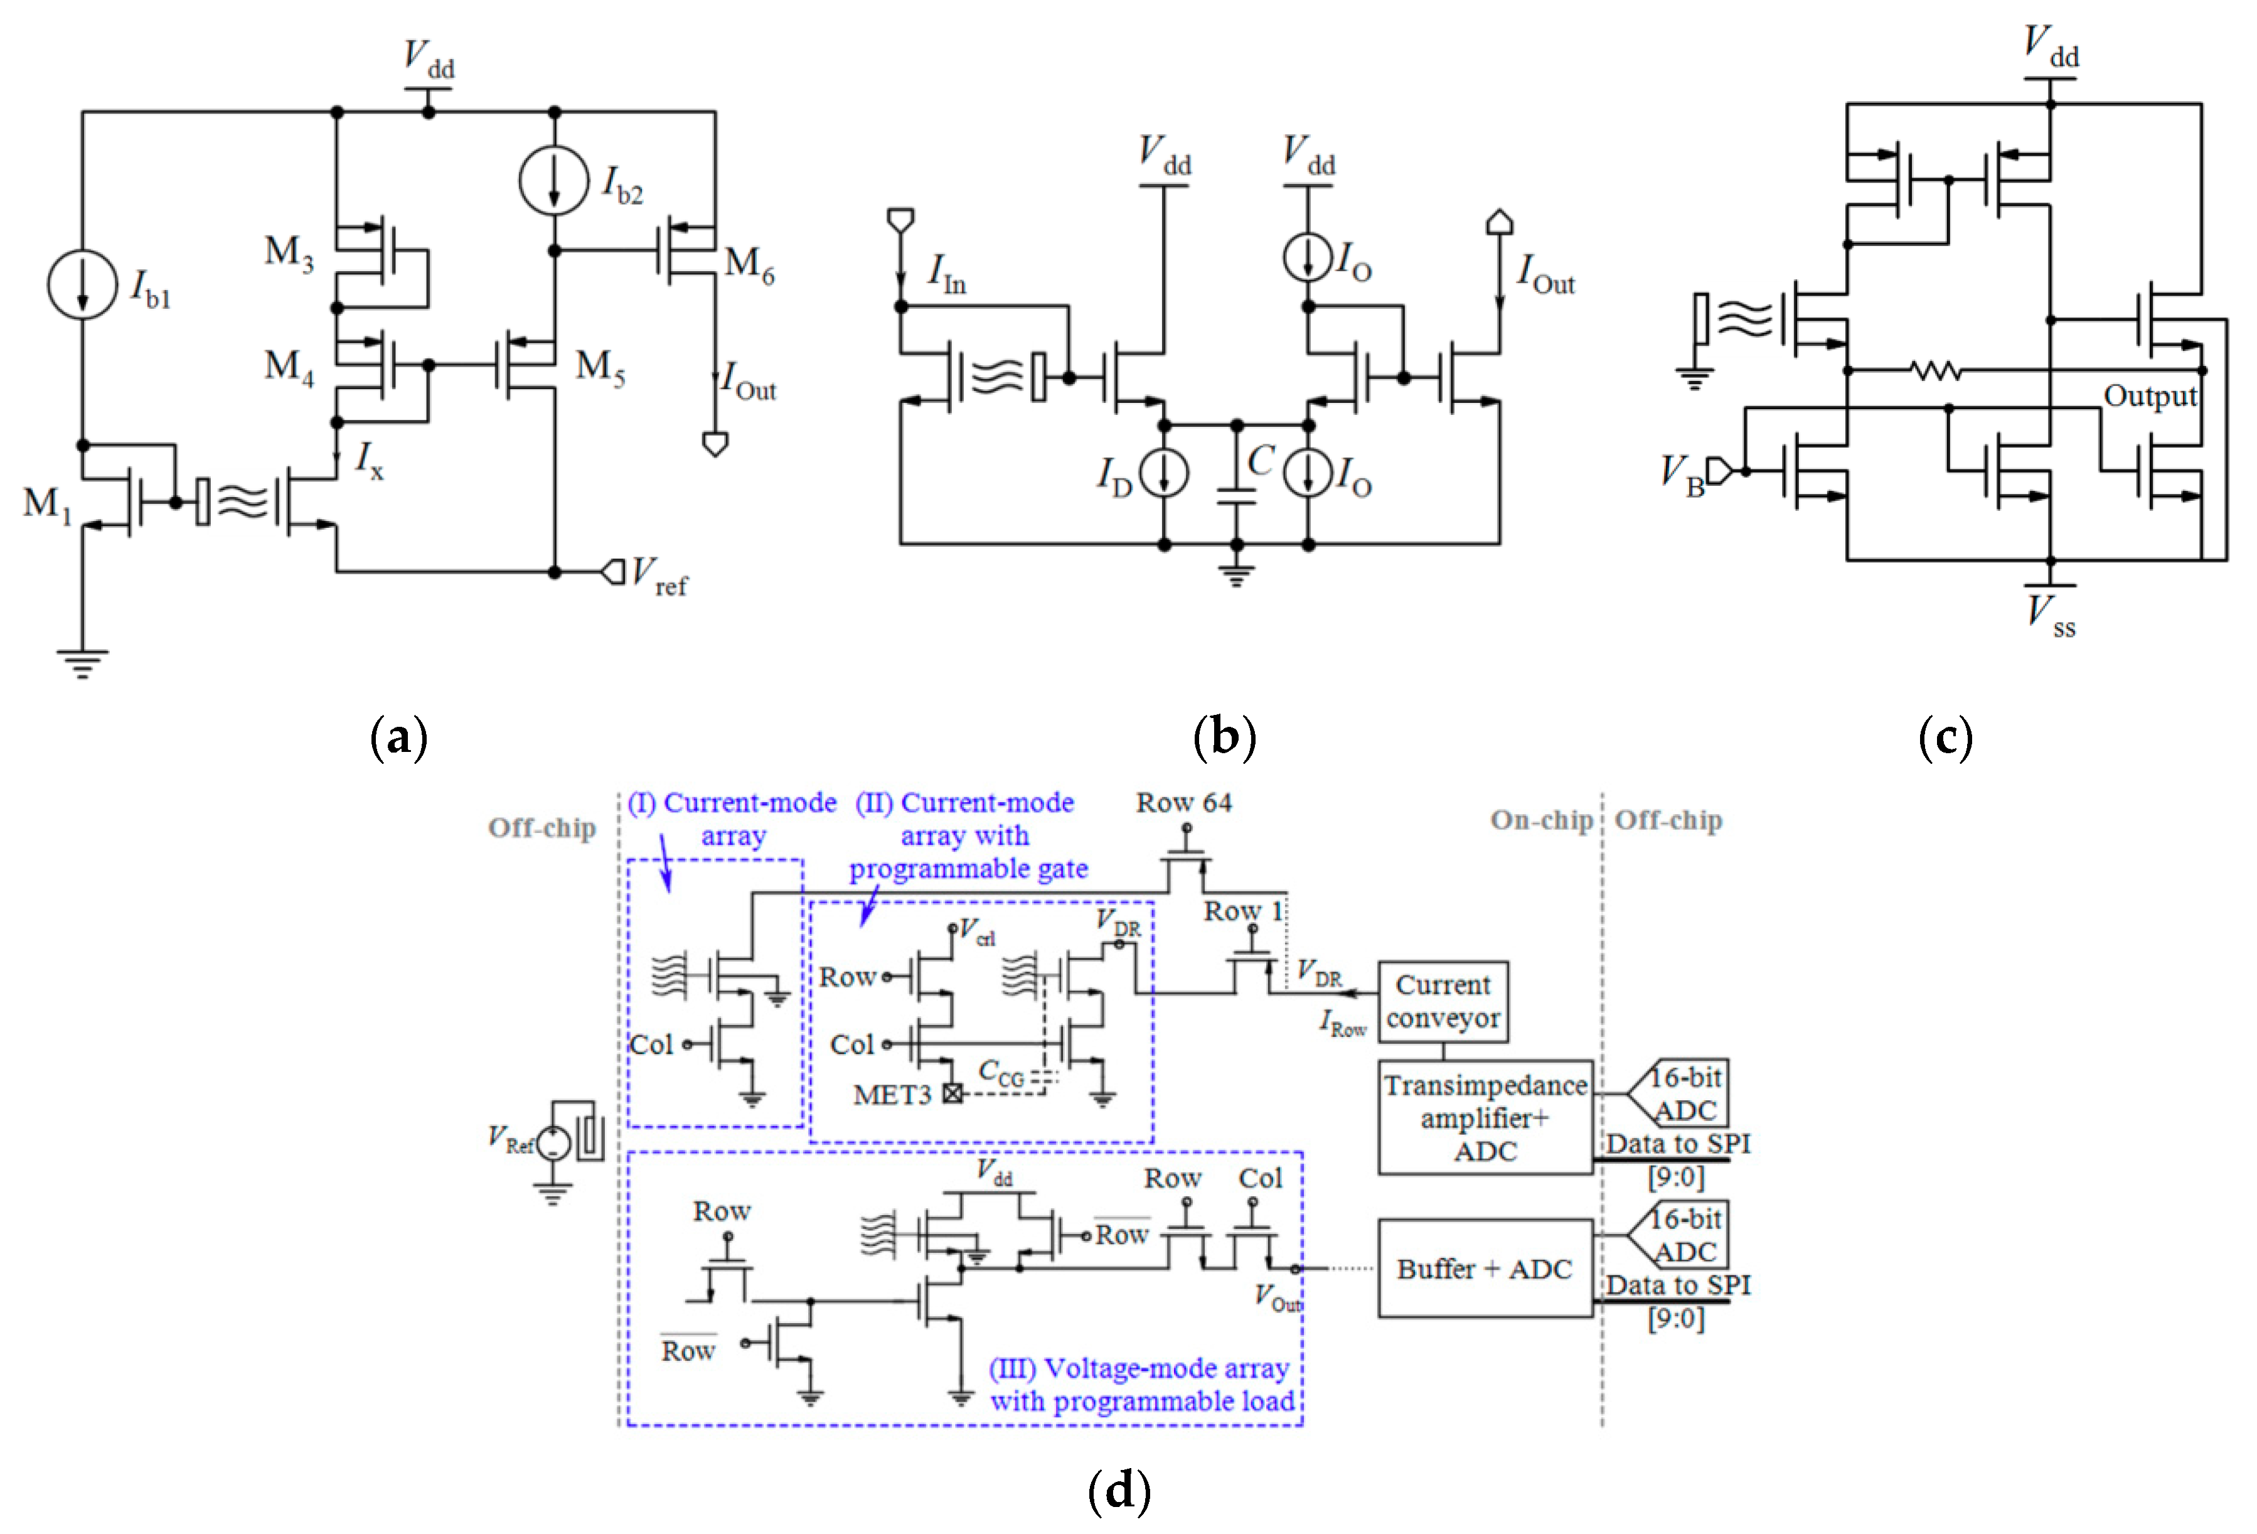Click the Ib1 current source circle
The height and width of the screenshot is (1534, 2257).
click(83, 285)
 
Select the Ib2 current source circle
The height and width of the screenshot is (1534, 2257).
click(553, 181)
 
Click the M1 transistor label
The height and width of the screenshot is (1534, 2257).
click(46, 503)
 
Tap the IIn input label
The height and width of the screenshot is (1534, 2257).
click(946, 273)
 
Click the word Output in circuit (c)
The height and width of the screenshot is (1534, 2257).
click(2149, 397)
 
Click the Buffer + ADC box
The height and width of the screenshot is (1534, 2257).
click(1484, 1268)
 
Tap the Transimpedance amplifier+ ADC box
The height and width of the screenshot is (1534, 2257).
click(1484, 1117)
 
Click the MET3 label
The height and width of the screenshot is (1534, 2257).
click(892, 1095)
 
